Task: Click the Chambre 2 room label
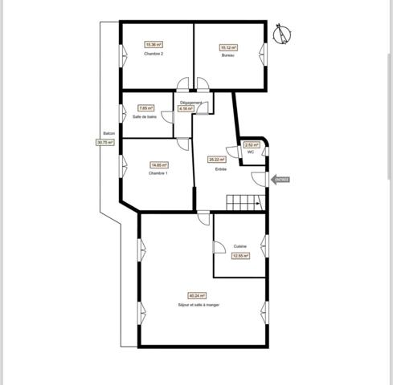[154, 54]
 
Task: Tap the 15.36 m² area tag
[154, 44]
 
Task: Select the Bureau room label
[227, 55]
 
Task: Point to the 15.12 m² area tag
[227, 47]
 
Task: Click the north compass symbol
[281, 34]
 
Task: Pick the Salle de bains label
[145, 117]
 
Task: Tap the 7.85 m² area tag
[145, 108]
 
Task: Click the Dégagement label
[190, 103]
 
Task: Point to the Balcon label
[108, 134]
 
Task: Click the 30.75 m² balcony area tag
[105, 142]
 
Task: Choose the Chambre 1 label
[158, 173]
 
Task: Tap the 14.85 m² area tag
[158, 165]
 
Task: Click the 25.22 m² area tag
[216, 159]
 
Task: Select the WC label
[251, 152]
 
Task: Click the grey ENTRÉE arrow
[280, 180]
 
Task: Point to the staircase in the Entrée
[244, 202]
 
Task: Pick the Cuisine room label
[239, 246]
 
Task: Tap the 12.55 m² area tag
[239, 256]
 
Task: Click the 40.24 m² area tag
[197, 295]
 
